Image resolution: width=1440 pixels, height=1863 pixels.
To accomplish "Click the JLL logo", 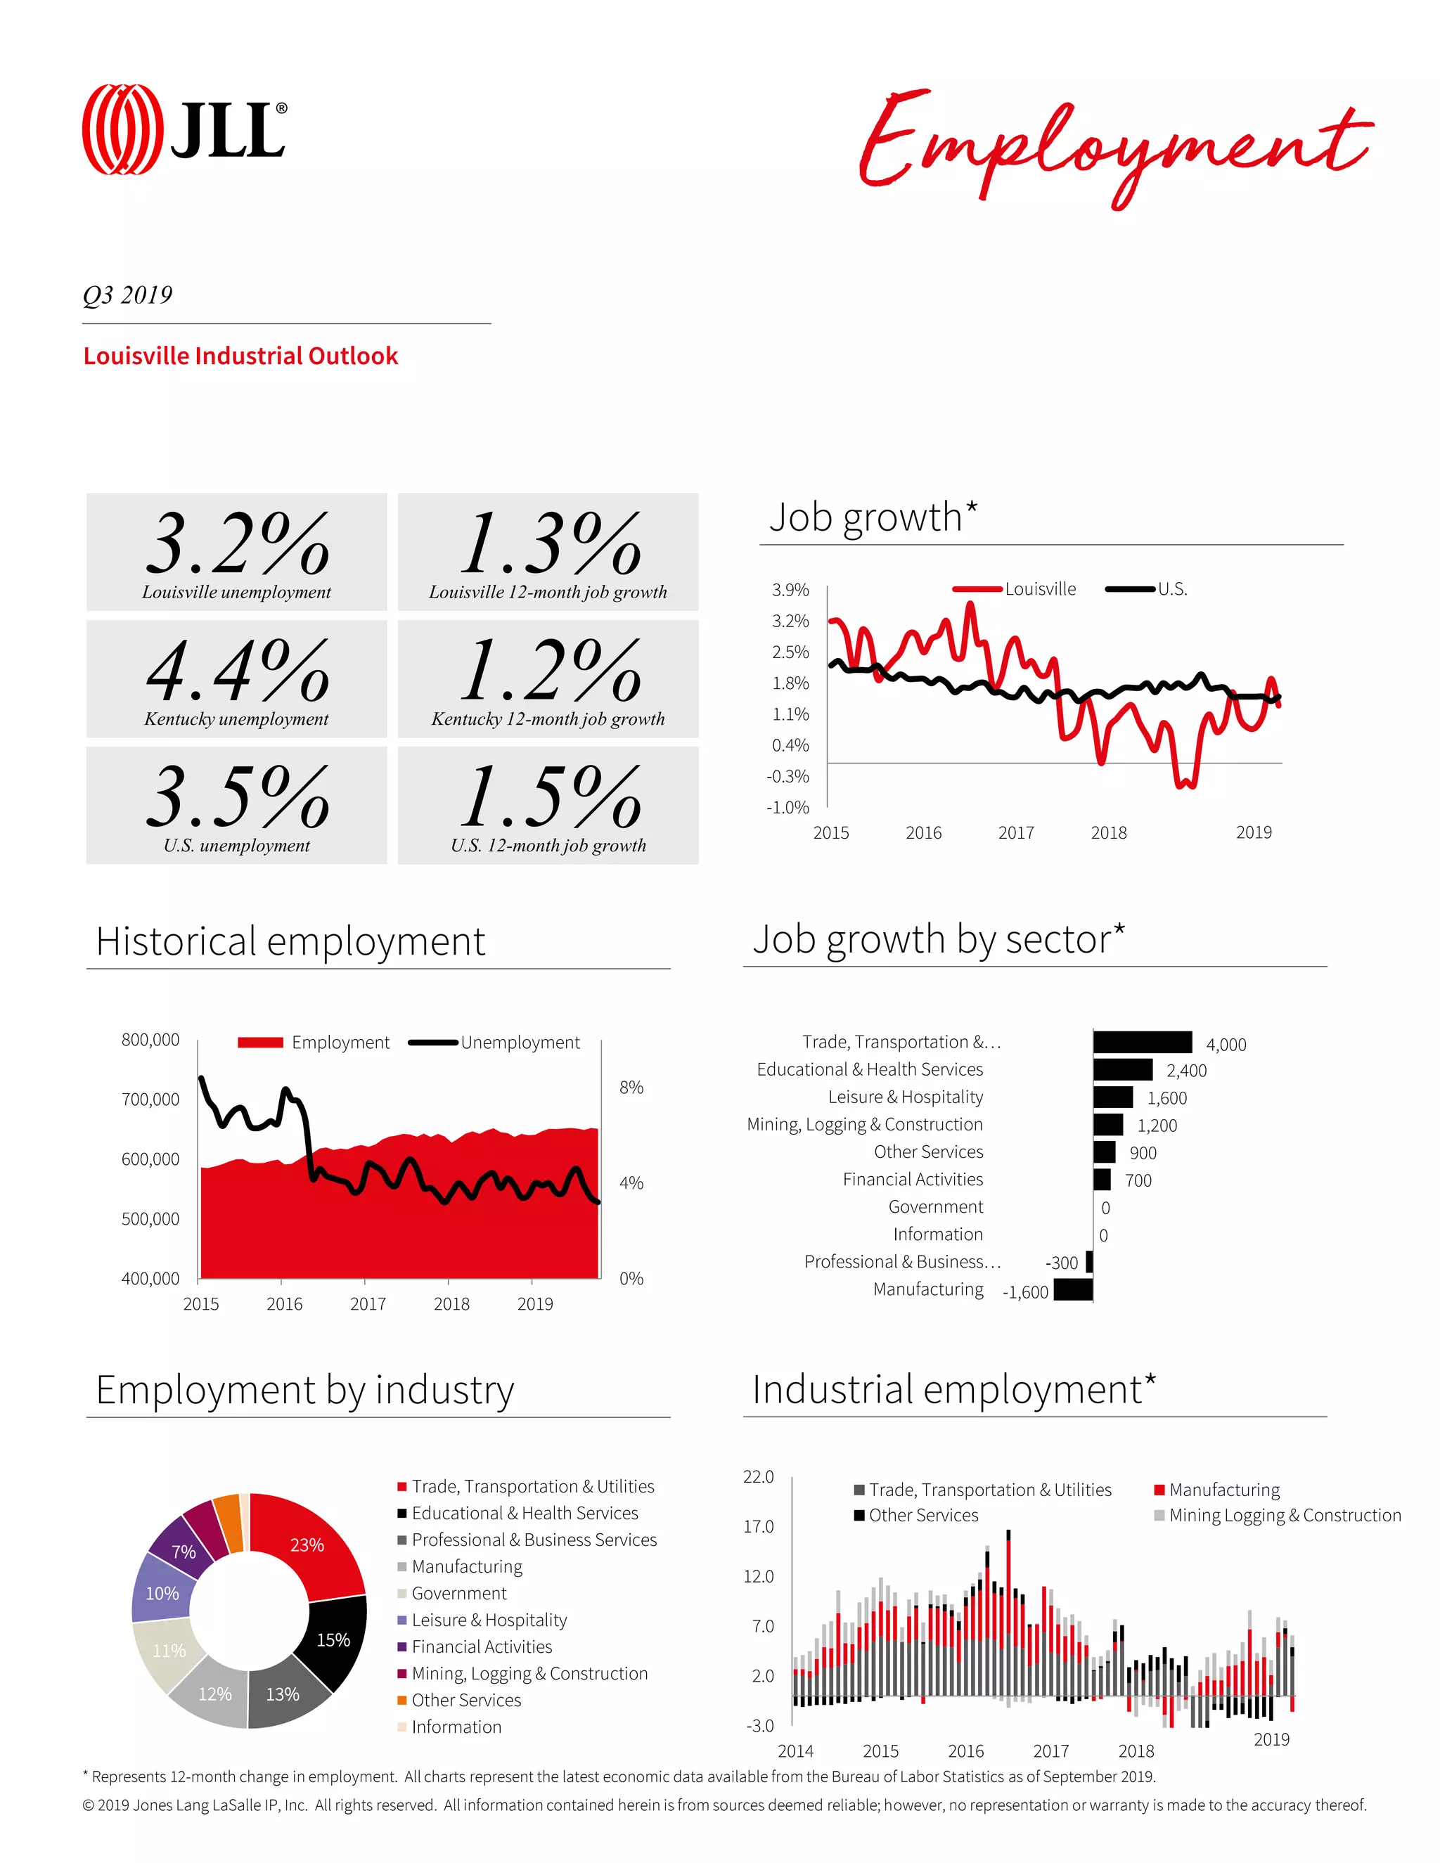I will pyautogui.click(x=184, y=129).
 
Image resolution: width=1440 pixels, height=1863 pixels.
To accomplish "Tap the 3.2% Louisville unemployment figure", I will pyautogui.click(x=237, y=543).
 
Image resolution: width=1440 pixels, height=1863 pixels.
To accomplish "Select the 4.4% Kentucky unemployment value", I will pyautogui.click(x=237, y=671).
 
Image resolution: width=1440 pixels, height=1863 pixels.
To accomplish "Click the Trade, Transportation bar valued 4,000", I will pyautogui.click(x=1143, y=1042).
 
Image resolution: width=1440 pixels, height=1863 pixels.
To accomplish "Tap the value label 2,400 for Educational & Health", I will pyautogui.click(x=1185, y=1071).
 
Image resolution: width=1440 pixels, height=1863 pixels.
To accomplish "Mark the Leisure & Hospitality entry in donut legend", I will pyautogui.click(x=489, y=1620).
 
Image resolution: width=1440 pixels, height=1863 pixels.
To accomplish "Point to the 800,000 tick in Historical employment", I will pyautogui.click(x=150, y=1040).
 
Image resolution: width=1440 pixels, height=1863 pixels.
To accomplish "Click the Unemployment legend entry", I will pyautogui.click(x=520, y=1043).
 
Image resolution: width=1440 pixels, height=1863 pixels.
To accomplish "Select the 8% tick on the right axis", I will pyautogui.click(x=631, y=1088).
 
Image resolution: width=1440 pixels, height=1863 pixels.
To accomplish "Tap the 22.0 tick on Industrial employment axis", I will pyautogui.click(x=759, y=1476).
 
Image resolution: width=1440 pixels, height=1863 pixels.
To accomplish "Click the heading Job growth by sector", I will pyautogui.click(x=939, y=939).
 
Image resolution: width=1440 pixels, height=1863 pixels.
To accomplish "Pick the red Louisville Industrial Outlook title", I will pyautogui.click(x=240, y=356).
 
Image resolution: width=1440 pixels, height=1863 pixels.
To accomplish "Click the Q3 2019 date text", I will pyautogui.click(x=128, y=295).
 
